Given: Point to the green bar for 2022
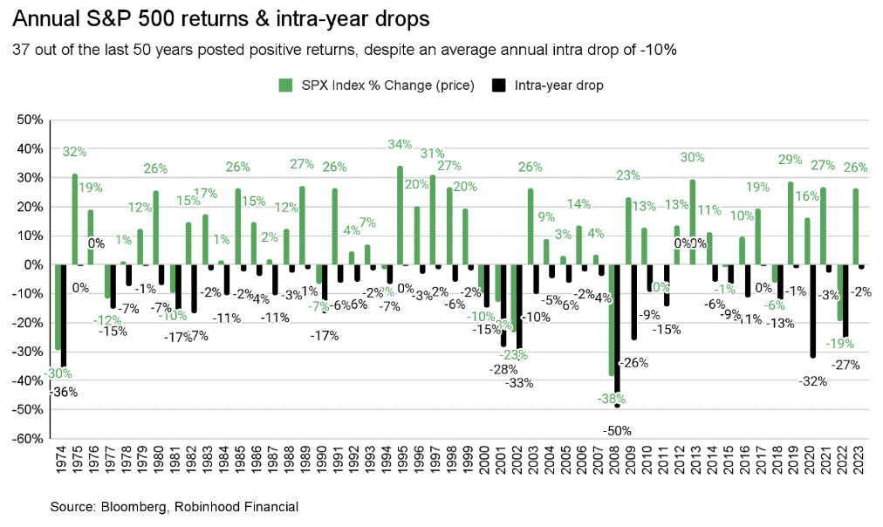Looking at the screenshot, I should coord(839,292).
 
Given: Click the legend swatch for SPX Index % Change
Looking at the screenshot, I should coord(284,86).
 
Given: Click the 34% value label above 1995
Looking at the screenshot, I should coord(400,145).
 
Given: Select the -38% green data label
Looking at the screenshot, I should coord(611,400).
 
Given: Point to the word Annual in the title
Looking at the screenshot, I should coord(41,17).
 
